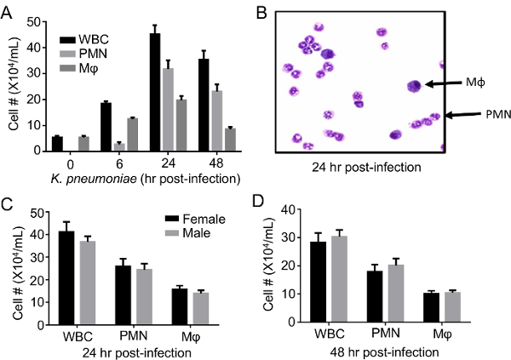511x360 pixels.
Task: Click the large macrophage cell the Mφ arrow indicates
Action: click(x=414, y=85)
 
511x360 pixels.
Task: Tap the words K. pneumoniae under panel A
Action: click(x=93, y=178)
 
